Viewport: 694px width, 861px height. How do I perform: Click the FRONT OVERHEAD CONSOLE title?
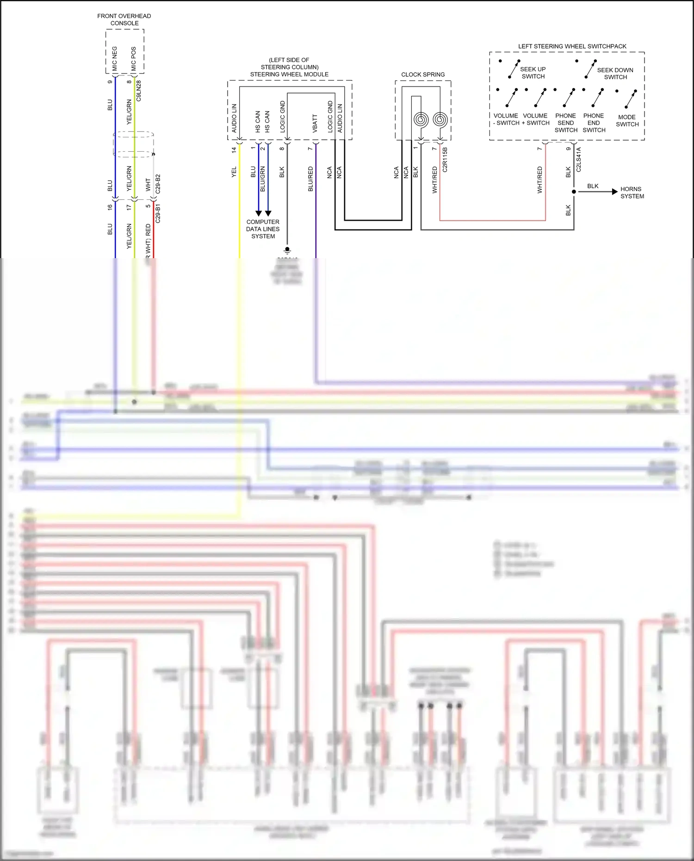coord(124,19)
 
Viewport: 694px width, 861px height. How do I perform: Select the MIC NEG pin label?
coord(115,58)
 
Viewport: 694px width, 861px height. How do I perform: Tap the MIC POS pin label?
coord(134,59)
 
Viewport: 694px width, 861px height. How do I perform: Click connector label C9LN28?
coord(138,91)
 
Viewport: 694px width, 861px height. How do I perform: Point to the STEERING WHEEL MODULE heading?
coord(289,74)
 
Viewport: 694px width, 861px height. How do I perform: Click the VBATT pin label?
coord(315,124)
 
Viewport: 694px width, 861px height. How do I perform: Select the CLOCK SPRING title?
coord(423,74)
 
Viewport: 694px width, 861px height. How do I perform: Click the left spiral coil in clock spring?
coord(421,120)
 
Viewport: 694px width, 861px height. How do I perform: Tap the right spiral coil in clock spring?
coord(440,120)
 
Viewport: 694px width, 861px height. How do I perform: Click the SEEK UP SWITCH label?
coord(533,73)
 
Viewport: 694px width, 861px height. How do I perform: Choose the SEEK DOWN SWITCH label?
coord(615,74)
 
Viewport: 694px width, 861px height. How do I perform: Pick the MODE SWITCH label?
coord(627,121)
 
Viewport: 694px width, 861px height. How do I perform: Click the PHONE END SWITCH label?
coord(594,123)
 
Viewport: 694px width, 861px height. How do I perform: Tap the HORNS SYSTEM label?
coord(632,192)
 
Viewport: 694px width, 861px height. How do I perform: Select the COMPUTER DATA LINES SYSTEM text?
coord(263,229)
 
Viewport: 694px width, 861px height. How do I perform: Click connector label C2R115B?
coord(445,160)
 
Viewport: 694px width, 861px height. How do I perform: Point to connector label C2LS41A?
coord(578,160)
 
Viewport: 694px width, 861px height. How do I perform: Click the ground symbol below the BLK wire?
coord(287,250)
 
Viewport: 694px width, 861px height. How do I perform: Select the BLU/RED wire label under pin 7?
coord(310,179)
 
